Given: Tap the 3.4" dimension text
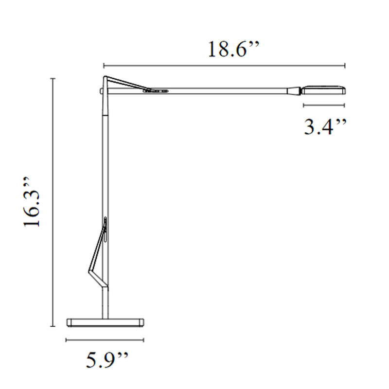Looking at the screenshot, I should coord(325,128).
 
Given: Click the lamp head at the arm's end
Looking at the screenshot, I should coord(324,90).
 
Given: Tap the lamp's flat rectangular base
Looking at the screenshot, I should coord(106,321).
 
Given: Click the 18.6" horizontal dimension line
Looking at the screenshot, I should coord(224,65).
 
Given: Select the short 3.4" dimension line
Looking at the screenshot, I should coord(324,105).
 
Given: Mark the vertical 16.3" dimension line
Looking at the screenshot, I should coord(53,202).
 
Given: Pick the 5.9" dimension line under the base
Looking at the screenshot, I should coord(106,340).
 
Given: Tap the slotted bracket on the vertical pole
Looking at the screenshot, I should coord(105,229).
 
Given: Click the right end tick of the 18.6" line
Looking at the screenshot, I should coord(345,65).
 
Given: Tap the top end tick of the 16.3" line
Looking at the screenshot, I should coord(53,78).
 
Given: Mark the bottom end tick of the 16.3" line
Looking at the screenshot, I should coord(53,326).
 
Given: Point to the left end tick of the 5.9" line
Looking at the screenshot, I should coord(67,340).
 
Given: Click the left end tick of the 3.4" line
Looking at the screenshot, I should coord(303,105).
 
